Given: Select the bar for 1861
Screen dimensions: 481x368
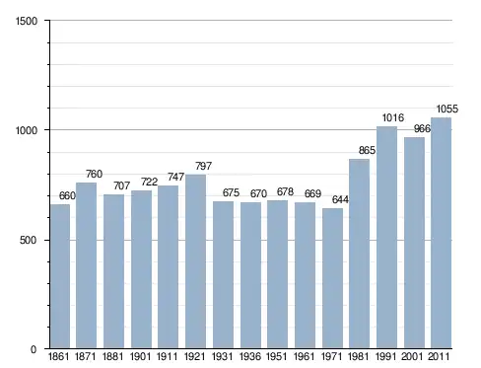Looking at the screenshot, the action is click(60, 276).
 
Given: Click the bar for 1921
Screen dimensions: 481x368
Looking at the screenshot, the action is click(195, 261).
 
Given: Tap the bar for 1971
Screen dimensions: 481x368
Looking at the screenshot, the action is click(332, 278).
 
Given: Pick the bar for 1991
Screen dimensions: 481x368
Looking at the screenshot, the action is click(386, 238).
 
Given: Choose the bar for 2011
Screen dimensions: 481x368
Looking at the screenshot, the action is click(441, 233).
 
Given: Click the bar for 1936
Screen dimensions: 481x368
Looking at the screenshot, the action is click(250, 275).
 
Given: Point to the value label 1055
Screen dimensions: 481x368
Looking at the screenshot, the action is click(447, 109).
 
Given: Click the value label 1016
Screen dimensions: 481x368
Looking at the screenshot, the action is click(392, 117).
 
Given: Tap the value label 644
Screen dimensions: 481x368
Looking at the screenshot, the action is click(340, 199).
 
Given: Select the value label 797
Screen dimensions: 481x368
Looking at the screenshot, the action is click(203, 166).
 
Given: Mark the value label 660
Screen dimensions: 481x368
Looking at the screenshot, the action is click(67, 196).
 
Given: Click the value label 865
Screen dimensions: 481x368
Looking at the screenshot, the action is click(367, 150).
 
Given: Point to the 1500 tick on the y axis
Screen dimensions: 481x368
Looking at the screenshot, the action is click(27, 21).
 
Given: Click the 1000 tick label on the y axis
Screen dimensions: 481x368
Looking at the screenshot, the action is click(27, 130).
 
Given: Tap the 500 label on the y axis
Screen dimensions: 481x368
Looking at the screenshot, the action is click(28, 240).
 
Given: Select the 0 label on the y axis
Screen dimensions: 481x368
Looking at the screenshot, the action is click(34, 349).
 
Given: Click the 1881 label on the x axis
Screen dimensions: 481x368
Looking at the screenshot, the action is click(112, 356).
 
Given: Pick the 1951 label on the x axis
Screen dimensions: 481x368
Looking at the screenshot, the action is click(276, 356).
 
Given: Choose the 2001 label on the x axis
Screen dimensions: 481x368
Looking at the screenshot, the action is click(412, 356).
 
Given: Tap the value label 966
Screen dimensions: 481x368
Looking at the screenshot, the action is click(422, 128).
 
